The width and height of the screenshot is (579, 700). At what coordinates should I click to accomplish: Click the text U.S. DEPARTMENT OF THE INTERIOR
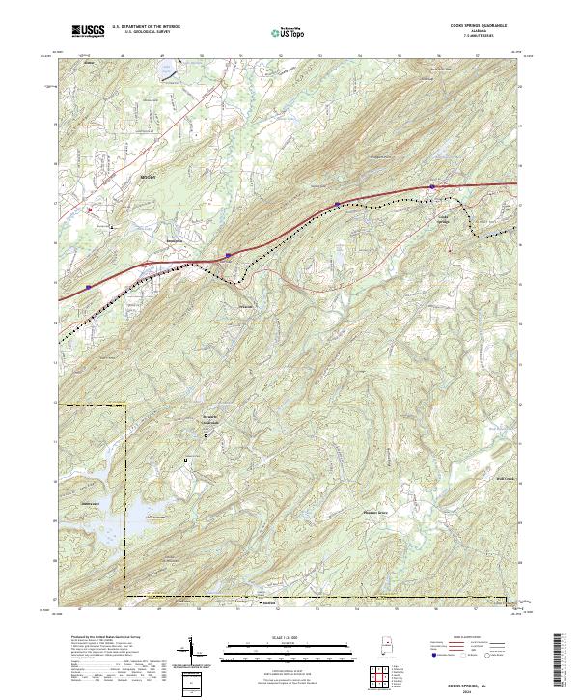pyautogui.click(x=146, y=26)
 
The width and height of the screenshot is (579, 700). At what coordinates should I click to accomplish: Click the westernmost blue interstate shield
pyautogui.click(x=88, y=286)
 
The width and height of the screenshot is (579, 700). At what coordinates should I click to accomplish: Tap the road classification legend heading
pyautogui.click(x=461, y=637)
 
